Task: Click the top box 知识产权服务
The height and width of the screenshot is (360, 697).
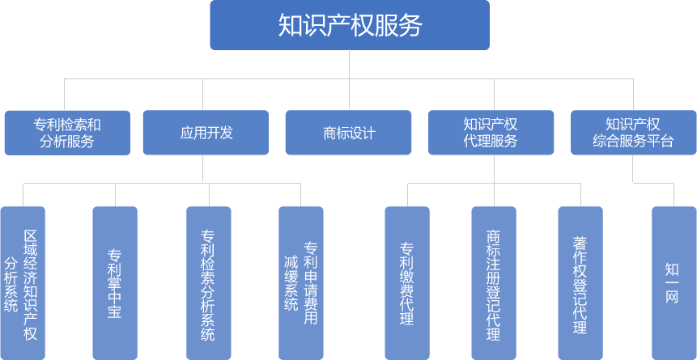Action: point(349,25)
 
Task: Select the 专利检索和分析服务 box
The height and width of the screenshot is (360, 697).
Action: point(67,133)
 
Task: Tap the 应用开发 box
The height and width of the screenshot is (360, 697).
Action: point(206,133)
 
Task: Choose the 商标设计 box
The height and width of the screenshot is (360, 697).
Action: point(349,133)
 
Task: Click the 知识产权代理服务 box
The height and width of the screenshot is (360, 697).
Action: point(491,133)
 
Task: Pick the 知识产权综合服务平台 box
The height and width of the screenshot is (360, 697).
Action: point(633,133)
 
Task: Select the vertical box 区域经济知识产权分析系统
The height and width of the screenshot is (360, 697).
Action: point(23,283)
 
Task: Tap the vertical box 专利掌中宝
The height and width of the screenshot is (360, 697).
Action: point(115,283)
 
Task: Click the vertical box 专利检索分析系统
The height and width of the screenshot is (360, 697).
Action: point(208,283)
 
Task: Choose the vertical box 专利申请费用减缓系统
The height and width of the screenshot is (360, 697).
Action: point(300,283)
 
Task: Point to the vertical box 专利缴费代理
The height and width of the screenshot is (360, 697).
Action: point(406,283)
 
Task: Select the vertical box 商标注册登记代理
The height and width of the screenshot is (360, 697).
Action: point(493,283)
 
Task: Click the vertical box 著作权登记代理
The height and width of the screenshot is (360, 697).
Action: point(580,283)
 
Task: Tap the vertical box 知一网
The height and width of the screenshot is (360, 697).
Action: point(674,283)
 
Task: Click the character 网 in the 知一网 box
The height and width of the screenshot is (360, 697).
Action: point(672,298)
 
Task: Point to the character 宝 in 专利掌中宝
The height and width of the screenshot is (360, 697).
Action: point(115,311)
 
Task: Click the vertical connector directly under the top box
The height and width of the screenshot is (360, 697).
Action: point(349,65)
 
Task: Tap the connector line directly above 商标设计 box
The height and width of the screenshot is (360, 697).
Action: point(349,95)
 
